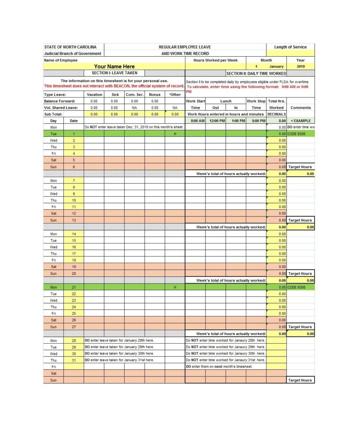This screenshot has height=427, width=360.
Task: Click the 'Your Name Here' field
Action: pyautogui.click(x=114, y=66)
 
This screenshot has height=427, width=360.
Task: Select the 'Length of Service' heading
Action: pyautogui.click(x=290, y=47)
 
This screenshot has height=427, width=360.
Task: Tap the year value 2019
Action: pyautogui.click(x=301, y=66)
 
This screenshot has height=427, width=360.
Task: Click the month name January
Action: pyautogui.click(x=276, y=66)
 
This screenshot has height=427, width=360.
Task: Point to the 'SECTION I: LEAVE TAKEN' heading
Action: pyautogui.click(x=114, y=73)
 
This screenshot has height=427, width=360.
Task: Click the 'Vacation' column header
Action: pyautogui.click(x=94, y=95)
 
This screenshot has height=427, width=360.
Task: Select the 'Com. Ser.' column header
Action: pyautogui.click(x=134, y=95)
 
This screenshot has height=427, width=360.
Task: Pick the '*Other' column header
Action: pyautogui.click(x=175, y=95)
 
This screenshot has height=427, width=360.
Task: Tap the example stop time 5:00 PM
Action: pyautogui.click(x=256, y=121)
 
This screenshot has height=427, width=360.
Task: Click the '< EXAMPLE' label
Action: pyautogui.click(x=300, y=121)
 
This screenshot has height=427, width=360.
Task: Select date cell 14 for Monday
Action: pyautogui.click(x=74, y=234)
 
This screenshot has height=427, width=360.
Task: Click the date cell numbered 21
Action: pyautogui.click(x=74, y=287)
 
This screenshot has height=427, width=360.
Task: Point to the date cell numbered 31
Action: pyautogui.click(x=74, y=360)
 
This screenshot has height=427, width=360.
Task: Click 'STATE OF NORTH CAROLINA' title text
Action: pyautogui.click(x=70, y=47)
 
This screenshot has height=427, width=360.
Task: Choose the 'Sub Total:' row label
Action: pyautogui.click(x=53, y=114)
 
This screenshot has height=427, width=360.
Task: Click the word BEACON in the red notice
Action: pyautogui.click(x=122, y=86)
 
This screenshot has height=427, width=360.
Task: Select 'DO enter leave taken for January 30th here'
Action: pyautogui.click(x=119, y=354)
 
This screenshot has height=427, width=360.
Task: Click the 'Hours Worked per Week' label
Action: pyautogui.click(x=215, y=60)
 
